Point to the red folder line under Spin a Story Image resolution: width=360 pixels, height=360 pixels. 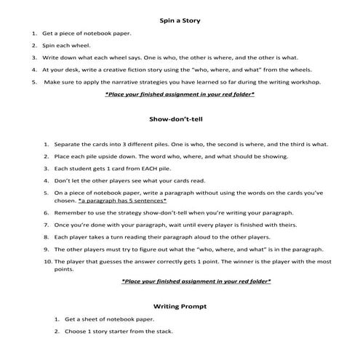pyautogui.click(x=180, y=94)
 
